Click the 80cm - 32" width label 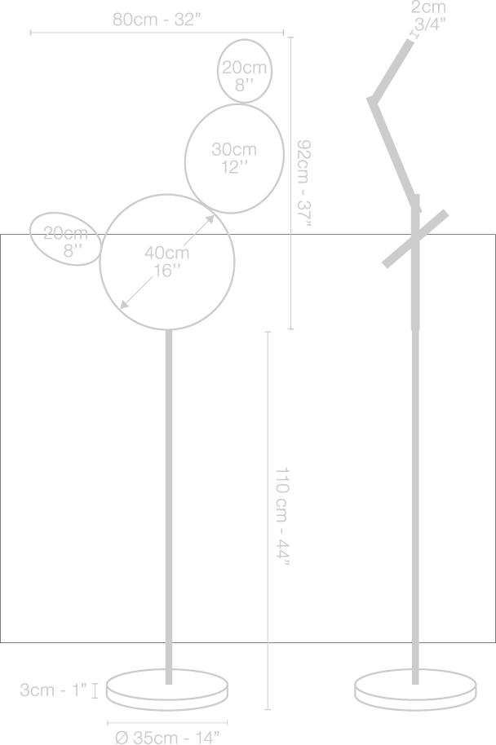tap(157, 20)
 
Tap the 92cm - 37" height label tap(304, 183)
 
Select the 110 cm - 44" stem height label tap(282, 515)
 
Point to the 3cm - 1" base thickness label tap(55, 690)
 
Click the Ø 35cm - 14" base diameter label tap(168, 737)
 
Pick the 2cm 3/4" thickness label tap(428, 16)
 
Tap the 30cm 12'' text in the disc tap(234, 158)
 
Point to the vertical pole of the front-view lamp tap(169, 505)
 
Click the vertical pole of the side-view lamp tap(416, 505)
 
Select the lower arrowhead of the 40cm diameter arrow tap(123, 306)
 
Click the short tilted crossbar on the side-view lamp tap(416, 238)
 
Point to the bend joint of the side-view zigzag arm tap(371, 101)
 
